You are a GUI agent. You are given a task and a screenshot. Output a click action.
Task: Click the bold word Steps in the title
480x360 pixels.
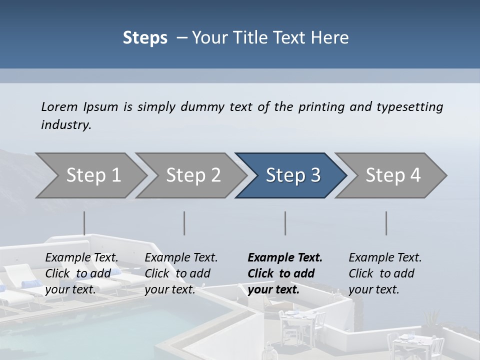[145, 38]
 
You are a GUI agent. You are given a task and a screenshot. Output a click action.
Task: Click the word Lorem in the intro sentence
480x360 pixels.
[59, 107]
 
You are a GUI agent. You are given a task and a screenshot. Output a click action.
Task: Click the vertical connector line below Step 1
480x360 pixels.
[84, 223]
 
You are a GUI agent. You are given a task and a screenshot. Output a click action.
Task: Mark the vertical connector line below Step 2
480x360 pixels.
[184, 223]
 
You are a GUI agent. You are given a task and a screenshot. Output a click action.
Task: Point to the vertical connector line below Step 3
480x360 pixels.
[285, 223]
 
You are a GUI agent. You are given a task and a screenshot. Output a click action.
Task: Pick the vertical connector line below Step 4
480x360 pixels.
[386, 223]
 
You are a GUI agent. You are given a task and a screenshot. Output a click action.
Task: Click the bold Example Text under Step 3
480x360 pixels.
[285, 258]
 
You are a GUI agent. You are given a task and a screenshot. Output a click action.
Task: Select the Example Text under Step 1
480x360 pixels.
[81, 258]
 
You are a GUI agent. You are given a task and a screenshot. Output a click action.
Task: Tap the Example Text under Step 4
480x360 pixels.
[385, 258]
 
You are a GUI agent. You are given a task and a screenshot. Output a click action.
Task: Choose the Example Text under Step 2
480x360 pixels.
[181, 258]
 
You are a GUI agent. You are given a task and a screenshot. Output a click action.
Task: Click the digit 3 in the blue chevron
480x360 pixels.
[315, 175]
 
